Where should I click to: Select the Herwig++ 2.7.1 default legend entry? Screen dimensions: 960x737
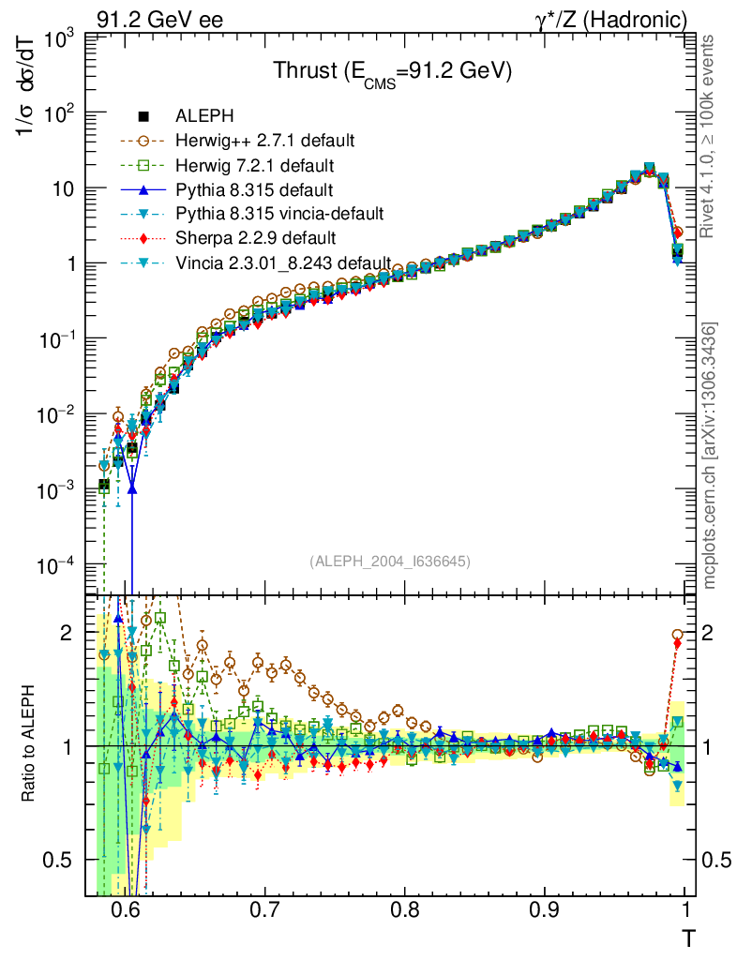tap(263, 141)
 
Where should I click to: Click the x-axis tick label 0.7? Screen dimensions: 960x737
tap(265, 910)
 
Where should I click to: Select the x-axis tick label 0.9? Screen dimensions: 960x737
tap(546, 910)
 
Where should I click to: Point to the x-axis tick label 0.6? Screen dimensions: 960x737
tap(125, 910)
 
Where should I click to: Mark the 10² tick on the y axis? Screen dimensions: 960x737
tap(54, 112)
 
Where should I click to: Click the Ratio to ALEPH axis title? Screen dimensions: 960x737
tap(28, 745)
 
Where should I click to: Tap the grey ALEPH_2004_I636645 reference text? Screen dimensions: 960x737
tap(389, 561)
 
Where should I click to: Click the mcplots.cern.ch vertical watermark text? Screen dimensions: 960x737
tap(711, 455)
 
